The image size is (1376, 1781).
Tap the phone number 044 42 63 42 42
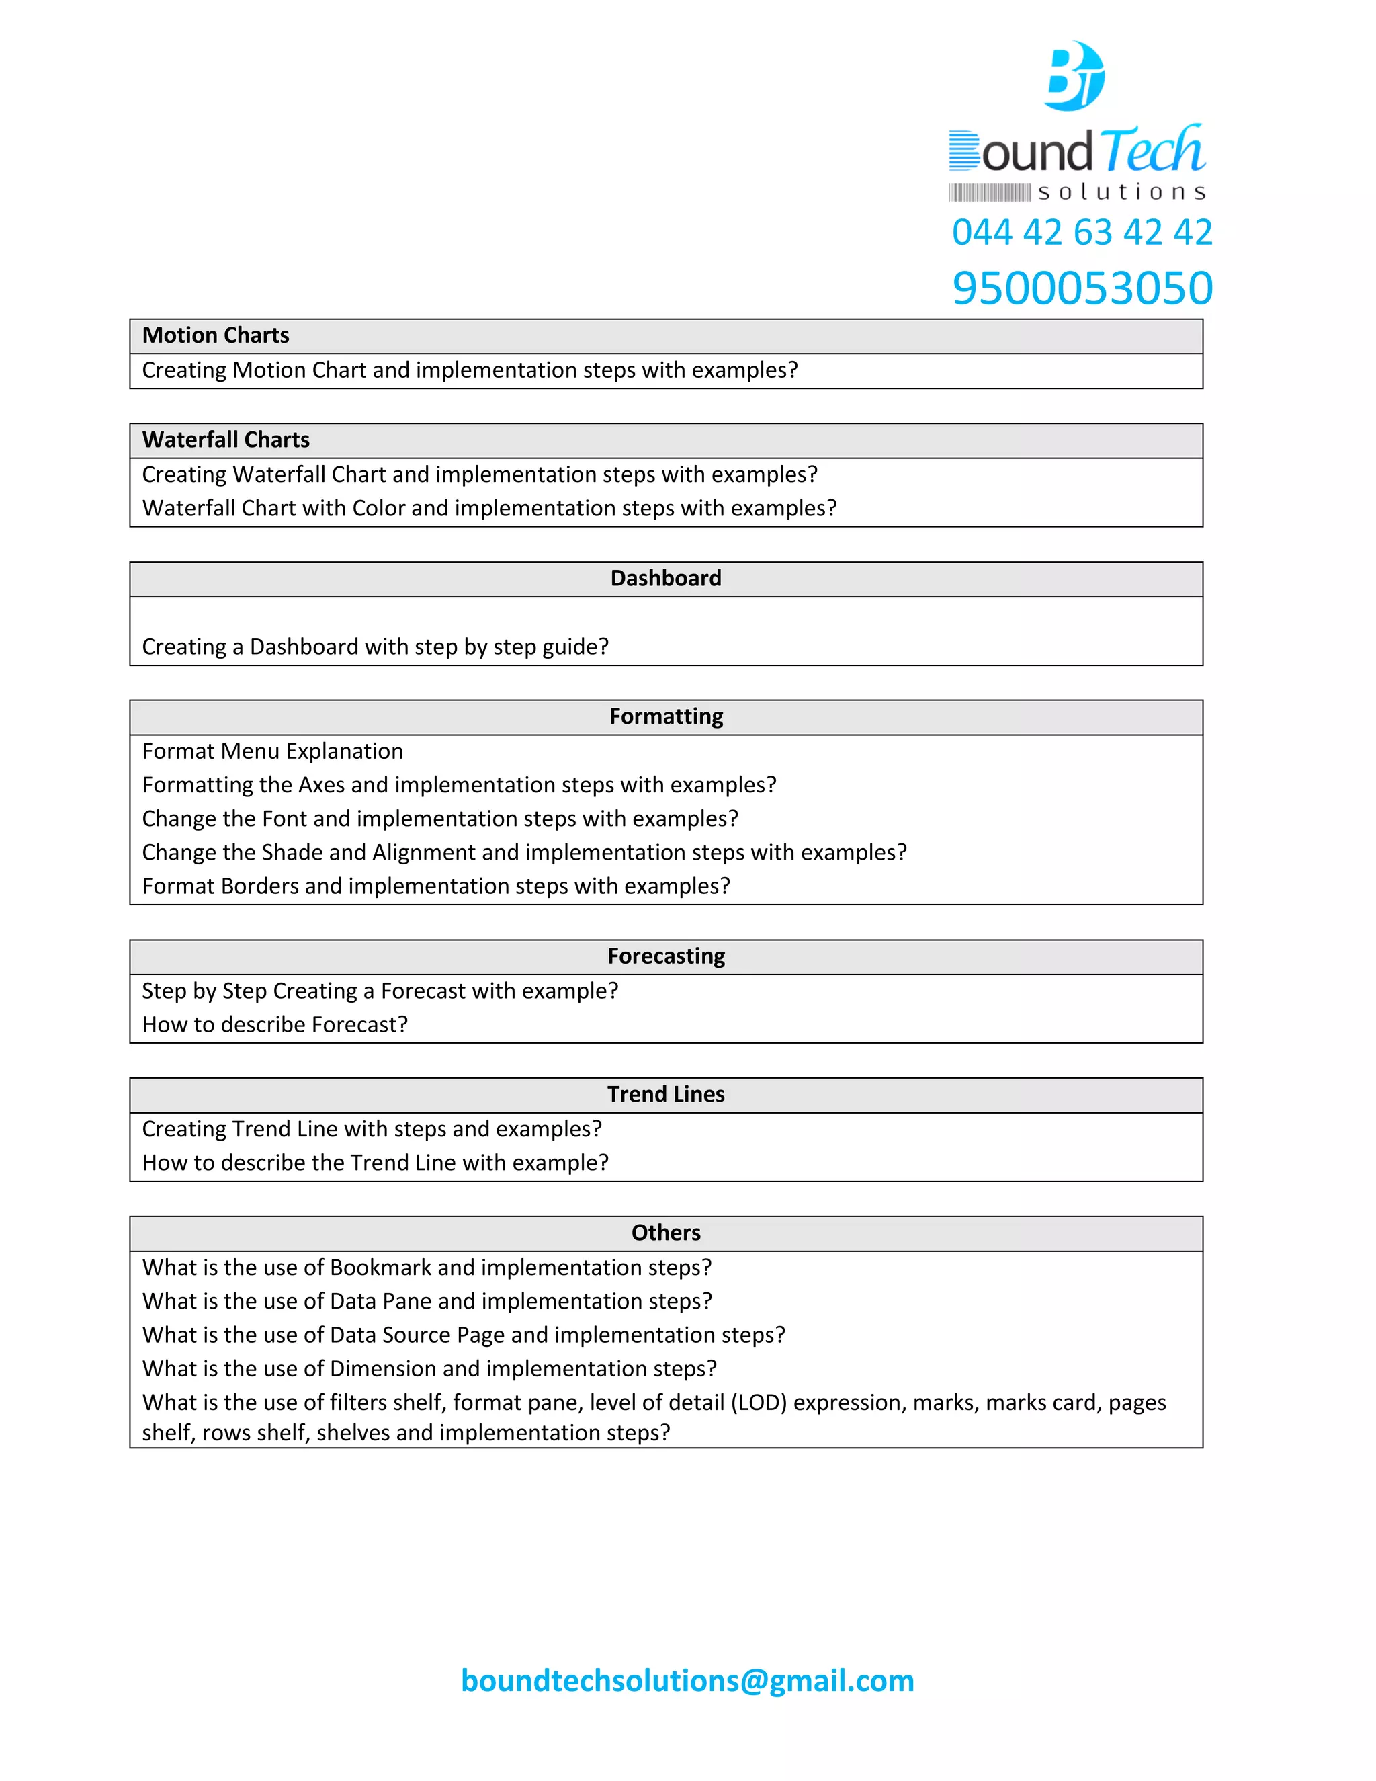click(1082, 232)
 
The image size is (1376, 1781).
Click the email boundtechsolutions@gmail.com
click(687, 1680)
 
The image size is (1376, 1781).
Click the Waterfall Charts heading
click(226, 440)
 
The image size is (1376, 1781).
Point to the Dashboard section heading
click(665, 578)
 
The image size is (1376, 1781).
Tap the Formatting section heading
click(665, 716)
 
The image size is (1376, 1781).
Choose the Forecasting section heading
click(665, 956)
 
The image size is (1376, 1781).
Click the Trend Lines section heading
click(665, 1093)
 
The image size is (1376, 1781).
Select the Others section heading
click(665, 1232)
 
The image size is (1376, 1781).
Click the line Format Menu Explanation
click(272, 751)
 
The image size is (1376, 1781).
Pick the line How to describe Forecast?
click(275, 1024)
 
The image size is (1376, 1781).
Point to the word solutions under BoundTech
click(1121, 192)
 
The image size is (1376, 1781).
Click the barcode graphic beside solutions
click(989, 192)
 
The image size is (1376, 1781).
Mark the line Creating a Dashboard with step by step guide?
click(375, 647)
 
